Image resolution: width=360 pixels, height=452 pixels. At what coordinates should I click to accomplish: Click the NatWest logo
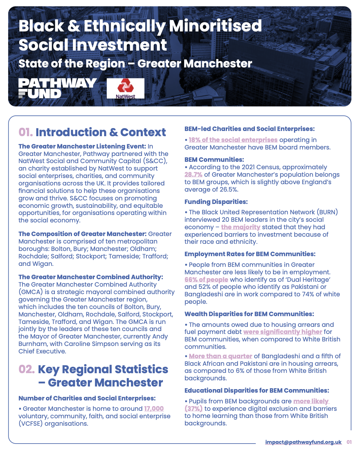(126, 88)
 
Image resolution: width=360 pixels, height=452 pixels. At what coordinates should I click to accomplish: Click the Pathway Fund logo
(57, 88)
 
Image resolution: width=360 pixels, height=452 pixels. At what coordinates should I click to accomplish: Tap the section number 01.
(26, 132)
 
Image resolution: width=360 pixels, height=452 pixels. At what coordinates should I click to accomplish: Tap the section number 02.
(26, 369)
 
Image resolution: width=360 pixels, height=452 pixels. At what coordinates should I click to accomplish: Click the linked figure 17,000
(154, 409)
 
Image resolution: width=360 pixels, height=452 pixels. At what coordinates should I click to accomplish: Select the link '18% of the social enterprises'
(233, 140)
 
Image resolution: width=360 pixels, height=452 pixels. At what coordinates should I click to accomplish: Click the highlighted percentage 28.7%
(193, 174)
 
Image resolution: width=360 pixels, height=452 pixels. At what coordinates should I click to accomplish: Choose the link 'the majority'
(241, 227)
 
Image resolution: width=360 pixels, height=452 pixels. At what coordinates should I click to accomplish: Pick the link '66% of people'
(206, 280)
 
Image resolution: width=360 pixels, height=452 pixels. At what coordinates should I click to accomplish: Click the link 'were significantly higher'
(283, 332)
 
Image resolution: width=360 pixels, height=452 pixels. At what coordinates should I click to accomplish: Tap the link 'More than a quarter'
(221, 356)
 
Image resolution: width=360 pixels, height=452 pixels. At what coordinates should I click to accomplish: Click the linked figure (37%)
(194, 409)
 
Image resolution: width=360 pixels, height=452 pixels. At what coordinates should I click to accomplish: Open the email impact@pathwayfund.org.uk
(303, 442)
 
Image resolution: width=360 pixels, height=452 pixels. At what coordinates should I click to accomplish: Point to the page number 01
(349, 442)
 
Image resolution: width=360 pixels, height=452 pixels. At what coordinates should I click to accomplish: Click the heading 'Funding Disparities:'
(216, 202)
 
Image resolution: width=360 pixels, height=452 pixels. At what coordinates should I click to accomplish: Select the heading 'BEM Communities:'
(214, 160)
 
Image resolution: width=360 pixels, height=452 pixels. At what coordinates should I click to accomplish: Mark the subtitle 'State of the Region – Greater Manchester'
(135, 64)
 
